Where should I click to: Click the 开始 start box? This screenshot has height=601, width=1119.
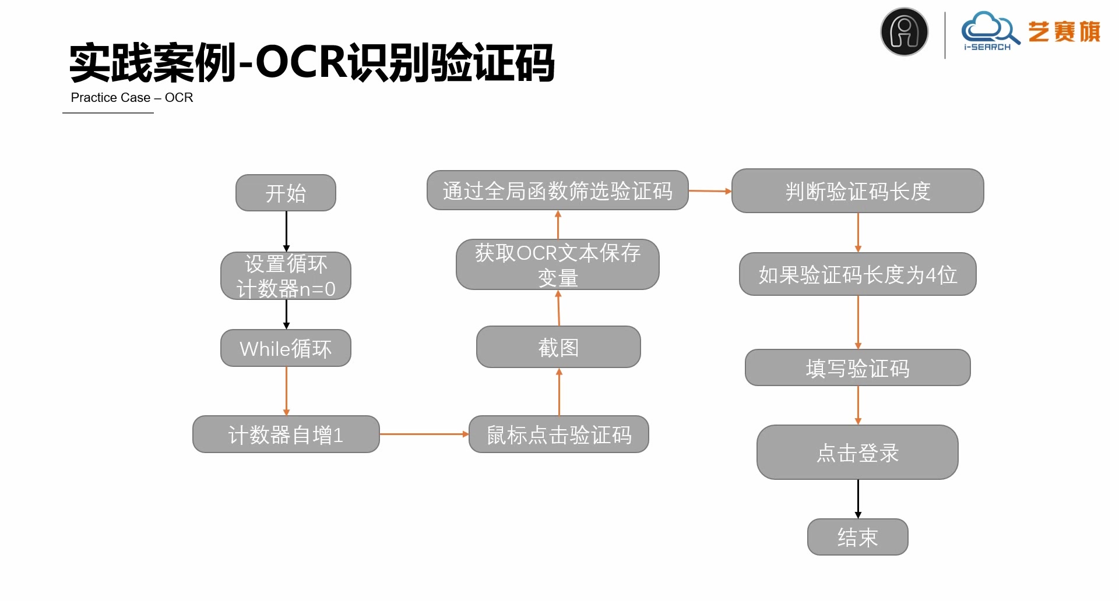tap(286, 193)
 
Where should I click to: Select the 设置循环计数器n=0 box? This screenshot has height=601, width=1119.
tap(286, 276)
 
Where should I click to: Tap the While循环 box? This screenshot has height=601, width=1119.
tap(286, 348)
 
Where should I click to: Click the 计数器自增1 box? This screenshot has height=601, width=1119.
tap(286, 434)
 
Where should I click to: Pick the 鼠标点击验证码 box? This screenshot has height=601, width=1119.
tap(558, 434)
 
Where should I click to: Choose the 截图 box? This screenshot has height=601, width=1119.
tap(558, 347)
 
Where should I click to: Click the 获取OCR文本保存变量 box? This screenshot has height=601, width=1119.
tap(557, 264)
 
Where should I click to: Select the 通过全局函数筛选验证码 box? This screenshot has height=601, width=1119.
tap(557, 190)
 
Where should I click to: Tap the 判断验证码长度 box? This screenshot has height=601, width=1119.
tap(857, 191)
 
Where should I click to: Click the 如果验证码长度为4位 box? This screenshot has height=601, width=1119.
tap(857, 274)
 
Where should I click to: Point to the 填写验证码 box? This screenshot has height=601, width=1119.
tap(857, 367)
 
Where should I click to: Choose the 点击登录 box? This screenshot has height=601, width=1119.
tap(857, 452)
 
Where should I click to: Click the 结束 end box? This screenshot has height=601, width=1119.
tap(857, 537)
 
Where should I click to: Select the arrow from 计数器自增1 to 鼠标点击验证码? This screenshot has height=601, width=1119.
tap(424, 434)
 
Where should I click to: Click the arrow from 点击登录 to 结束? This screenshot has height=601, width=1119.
tap(858, 499)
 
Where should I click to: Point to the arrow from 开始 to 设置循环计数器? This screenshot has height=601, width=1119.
tap(286, 231)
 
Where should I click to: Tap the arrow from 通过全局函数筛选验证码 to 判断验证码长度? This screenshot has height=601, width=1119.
tap(709, 191)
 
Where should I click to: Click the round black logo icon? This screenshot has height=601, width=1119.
tap(904, 31)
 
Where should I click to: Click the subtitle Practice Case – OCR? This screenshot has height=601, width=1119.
tap(132, 98)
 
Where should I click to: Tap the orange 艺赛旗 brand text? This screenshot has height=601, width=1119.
tap(1064, 31)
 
